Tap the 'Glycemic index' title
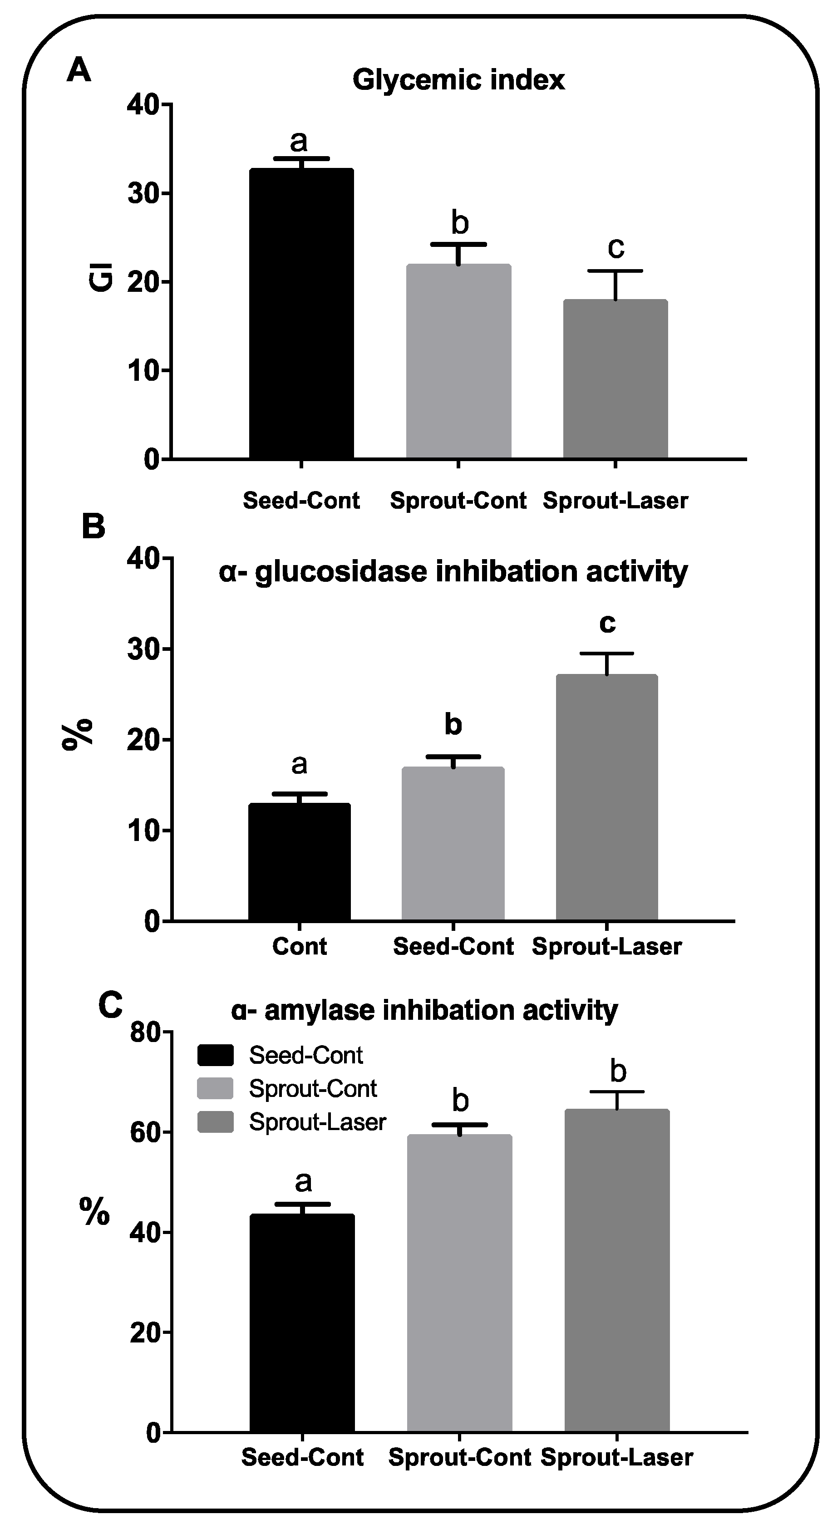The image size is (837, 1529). tap(458, 79)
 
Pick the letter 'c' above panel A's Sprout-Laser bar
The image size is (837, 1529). tap(615, 247)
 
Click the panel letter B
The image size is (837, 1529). tap(93, 526)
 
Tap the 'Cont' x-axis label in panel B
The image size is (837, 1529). tap(299, 946)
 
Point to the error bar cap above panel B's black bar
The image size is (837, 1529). tap(299, 794)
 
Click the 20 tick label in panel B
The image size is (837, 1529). tap(143, 740)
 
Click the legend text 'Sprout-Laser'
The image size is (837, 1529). tap(318, 1122)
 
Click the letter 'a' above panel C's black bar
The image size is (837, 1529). tap(303, 1181)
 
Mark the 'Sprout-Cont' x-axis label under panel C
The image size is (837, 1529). tap(459, 1457)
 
